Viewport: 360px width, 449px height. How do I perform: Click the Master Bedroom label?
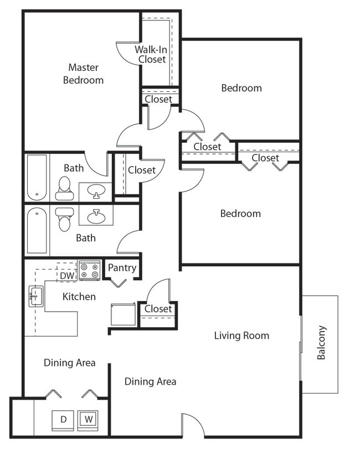(83, 74)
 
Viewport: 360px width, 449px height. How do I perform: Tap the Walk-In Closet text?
(152, 54)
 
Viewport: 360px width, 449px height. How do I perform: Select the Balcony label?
(321, 343)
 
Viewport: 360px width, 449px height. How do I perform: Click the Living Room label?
(241, 335)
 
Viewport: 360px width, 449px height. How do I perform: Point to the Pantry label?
(122, 268)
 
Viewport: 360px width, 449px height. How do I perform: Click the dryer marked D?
(63, 420)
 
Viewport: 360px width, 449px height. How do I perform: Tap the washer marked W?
(88, 419)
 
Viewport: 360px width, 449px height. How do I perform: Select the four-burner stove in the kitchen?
(89, 271)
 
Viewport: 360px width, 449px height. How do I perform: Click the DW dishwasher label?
(67, 275)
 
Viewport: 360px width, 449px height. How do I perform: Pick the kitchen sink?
(35, 297)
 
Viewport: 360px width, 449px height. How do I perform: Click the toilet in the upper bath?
(64, 189)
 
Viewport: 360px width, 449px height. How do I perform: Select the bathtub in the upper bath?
(37, 177)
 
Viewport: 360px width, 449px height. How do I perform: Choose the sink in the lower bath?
(96, 215)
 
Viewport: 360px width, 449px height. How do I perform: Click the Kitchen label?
(79, 297)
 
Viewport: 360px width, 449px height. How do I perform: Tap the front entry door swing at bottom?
(192, 425)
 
